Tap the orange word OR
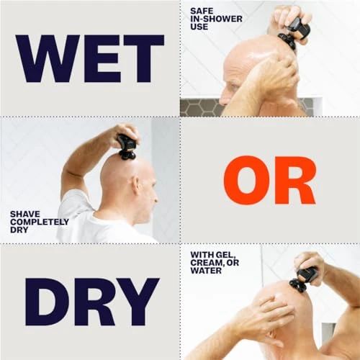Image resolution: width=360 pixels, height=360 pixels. (270, 179)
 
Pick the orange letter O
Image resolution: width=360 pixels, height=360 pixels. (244, 179)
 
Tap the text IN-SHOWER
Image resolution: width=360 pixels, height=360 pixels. (213, 19)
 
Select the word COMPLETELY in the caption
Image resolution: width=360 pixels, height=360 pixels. (40, 222)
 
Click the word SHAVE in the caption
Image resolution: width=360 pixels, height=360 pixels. (24, 214)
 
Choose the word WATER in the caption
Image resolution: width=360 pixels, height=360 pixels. (241, 263)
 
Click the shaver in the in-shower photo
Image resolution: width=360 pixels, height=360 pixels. (296, 30)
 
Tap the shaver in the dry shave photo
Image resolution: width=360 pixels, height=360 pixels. (127, 146)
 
